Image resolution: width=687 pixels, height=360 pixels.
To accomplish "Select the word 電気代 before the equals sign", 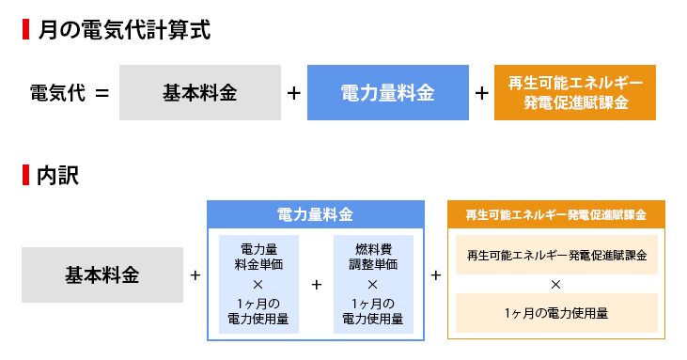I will (57, 93).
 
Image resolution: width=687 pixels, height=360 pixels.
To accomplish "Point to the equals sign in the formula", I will (102, 93).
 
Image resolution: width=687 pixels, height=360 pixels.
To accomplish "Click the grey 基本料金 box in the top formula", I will (199, 93).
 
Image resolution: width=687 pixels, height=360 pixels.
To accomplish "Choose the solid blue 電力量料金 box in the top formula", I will (387, 93).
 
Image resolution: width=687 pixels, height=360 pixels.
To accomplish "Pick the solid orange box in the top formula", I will (575, 93).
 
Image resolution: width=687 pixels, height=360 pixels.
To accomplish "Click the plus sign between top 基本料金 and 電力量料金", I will (293, 93).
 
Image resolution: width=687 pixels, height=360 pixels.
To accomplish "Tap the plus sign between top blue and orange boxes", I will (481, 93).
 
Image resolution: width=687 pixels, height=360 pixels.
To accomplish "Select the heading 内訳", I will (57, 175).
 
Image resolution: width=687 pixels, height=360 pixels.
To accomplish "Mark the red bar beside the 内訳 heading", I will (24, 175).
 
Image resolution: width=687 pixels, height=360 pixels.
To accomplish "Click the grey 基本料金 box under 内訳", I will (101, 275).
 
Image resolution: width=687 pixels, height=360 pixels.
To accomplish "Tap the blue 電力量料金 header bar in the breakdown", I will (315, 214).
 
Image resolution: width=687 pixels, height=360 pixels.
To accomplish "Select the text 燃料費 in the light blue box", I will (372, 249).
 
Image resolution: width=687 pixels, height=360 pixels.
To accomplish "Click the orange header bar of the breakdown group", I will (555, 214).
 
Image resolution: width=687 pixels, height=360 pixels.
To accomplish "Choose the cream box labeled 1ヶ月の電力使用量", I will (555, 313).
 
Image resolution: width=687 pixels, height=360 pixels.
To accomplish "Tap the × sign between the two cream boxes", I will (555, 284).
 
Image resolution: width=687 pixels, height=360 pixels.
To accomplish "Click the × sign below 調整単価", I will (372, 284).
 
